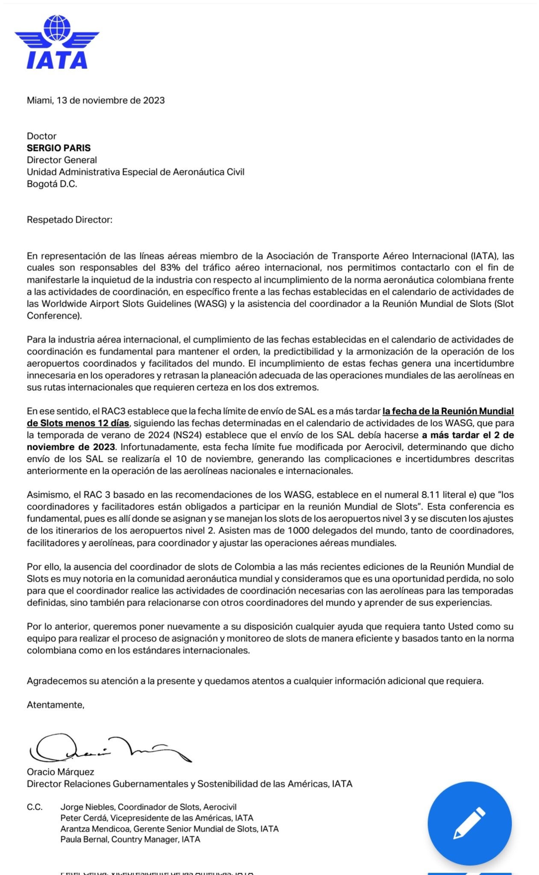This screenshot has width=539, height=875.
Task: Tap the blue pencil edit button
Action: click(x=469, y=823)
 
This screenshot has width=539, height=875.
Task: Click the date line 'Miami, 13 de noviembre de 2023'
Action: click(x=96, y=100)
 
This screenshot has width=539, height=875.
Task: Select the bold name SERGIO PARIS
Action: click(x=59, y=148)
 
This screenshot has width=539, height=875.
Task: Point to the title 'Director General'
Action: click(x=62, y=160)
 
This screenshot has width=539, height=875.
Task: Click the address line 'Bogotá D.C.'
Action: click(x=52, y=184)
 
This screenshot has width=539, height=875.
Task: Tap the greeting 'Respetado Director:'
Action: click(x=69, y=220)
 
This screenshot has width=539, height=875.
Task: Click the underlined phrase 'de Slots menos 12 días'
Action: click(x=78, y=423)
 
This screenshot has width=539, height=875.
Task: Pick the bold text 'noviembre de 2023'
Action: click(x=71, y=447)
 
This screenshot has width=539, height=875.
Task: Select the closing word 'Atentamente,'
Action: click(x=56, y=705)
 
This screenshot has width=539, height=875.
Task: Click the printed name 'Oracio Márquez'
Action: click(x=60, y=772)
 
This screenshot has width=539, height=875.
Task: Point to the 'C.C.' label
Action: click(x=35, y=807)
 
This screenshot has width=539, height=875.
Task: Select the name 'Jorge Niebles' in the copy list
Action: click(x=87, y=807)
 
